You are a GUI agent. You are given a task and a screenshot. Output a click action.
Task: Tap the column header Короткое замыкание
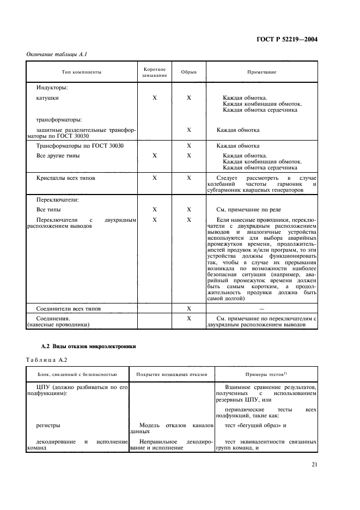pyautogui.click(x=155, y=72)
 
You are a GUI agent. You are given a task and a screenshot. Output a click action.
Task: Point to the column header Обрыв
pyautogui.click(x=189, y=72)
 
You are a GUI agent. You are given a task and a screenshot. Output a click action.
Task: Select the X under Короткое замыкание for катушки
pyautogui.click(x=155, y=98)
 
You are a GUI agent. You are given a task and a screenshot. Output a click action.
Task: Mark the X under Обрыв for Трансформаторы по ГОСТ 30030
pyautogui.click(x=189, y=146)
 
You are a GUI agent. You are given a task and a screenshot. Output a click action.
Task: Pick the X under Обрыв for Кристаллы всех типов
pyautogui.click(x=189, y=178)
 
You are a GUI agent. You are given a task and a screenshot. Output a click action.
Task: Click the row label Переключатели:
pyautogui.click(x=58, y=199)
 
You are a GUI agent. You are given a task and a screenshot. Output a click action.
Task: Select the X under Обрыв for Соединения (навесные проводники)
pyautogui.click(x=189, y=318)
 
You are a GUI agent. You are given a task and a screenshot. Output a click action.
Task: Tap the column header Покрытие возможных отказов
pyautogui.click(x=172, y=375)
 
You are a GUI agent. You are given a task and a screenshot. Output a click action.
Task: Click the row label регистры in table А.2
pyautogui.click(x=48, y=424)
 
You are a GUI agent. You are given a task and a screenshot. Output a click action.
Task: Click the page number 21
pyautogui.click(x=314, y=465)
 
